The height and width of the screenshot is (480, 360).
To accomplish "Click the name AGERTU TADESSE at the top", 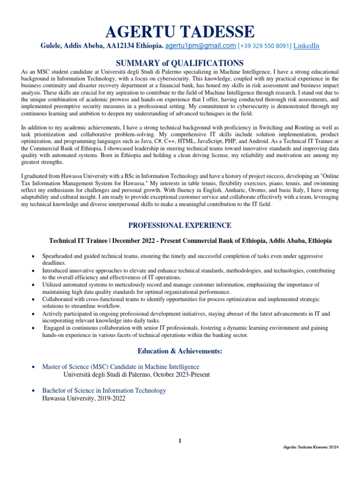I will click(180, 32).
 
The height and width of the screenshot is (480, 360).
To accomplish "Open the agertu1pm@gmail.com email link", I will click(201, 46).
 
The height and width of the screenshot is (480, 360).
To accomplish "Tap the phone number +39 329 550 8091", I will click(265, 46).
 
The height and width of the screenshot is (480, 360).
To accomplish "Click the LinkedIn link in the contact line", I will click(306, 46).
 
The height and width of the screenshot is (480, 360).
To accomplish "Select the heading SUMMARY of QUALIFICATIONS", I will click(180, 63).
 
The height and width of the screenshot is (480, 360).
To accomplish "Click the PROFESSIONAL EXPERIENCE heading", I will click(180, 225).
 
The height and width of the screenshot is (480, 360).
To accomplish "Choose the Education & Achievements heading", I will click(180, 351).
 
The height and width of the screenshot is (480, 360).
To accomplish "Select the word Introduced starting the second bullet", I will click(56, 270).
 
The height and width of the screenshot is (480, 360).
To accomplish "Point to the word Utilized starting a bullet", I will click(52, 285).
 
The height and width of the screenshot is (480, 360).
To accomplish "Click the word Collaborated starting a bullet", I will click(59, 299).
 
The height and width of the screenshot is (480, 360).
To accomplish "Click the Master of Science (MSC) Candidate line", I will click(120, 367).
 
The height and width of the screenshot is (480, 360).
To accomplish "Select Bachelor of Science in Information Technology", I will click(104, 390).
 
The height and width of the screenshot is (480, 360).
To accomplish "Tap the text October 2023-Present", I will click(180, 375).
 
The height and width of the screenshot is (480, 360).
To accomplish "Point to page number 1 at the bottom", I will click(180, 440).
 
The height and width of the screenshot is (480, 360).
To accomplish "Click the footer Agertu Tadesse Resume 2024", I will click(311, 447).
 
